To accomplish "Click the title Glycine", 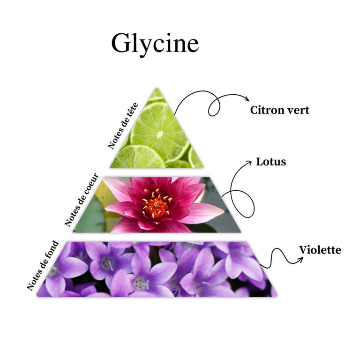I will [x=155, y=43].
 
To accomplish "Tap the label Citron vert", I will [x=279, y=111].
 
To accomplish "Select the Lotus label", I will [x=270, y=162].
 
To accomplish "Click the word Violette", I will [x=320, y=250].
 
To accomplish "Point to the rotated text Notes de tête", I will [x=123, y=125].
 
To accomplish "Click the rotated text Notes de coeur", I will [x=82, y=199].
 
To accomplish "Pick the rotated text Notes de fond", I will [x=43, y=265].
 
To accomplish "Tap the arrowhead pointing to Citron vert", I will [x=247, y=99].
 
